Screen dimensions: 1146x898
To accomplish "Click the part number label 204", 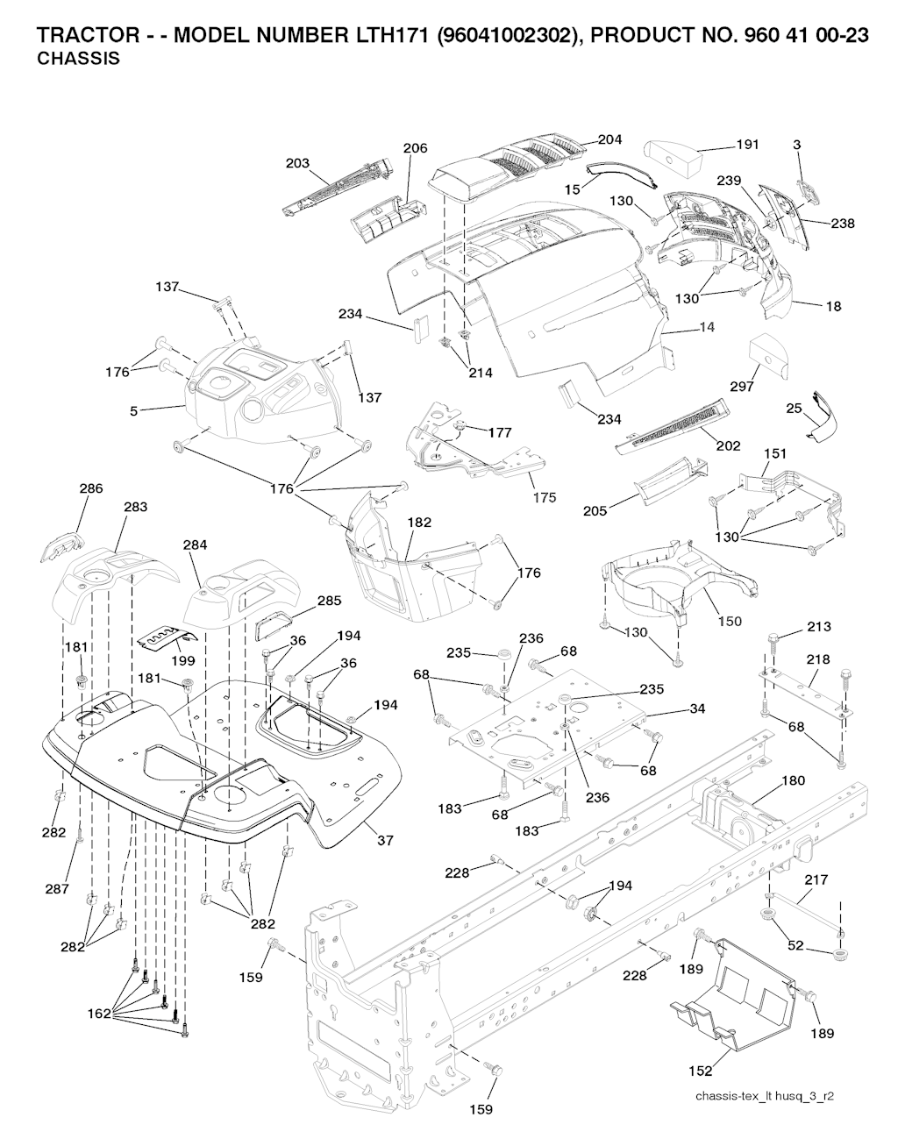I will [609, 139].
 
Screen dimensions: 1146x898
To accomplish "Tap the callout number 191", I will [747, 145].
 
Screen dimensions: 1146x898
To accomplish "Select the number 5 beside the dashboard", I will [133, 409].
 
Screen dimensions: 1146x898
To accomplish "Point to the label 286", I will [91, 488].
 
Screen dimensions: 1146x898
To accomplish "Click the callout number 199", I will [183, 661].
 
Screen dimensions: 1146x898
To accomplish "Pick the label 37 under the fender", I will [384, 841].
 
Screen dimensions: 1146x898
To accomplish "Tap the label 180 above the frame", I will [793, 780].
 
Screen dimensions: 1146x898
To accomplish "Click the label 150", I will [730, 621].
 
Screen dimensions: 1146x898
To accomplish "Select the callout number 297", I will [743, 387].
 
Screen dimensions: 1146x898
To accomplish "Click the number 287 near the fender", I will [59, 889].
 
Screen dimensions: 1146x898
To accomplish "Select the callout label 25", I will [794, 409].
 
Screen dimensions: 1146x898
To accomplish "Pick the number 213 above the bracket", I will [820, 627].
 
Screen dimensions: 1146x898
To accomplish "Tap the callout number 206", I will [416, 148].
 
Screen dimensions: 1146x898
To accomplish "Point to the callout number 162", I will [99, 1014].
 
